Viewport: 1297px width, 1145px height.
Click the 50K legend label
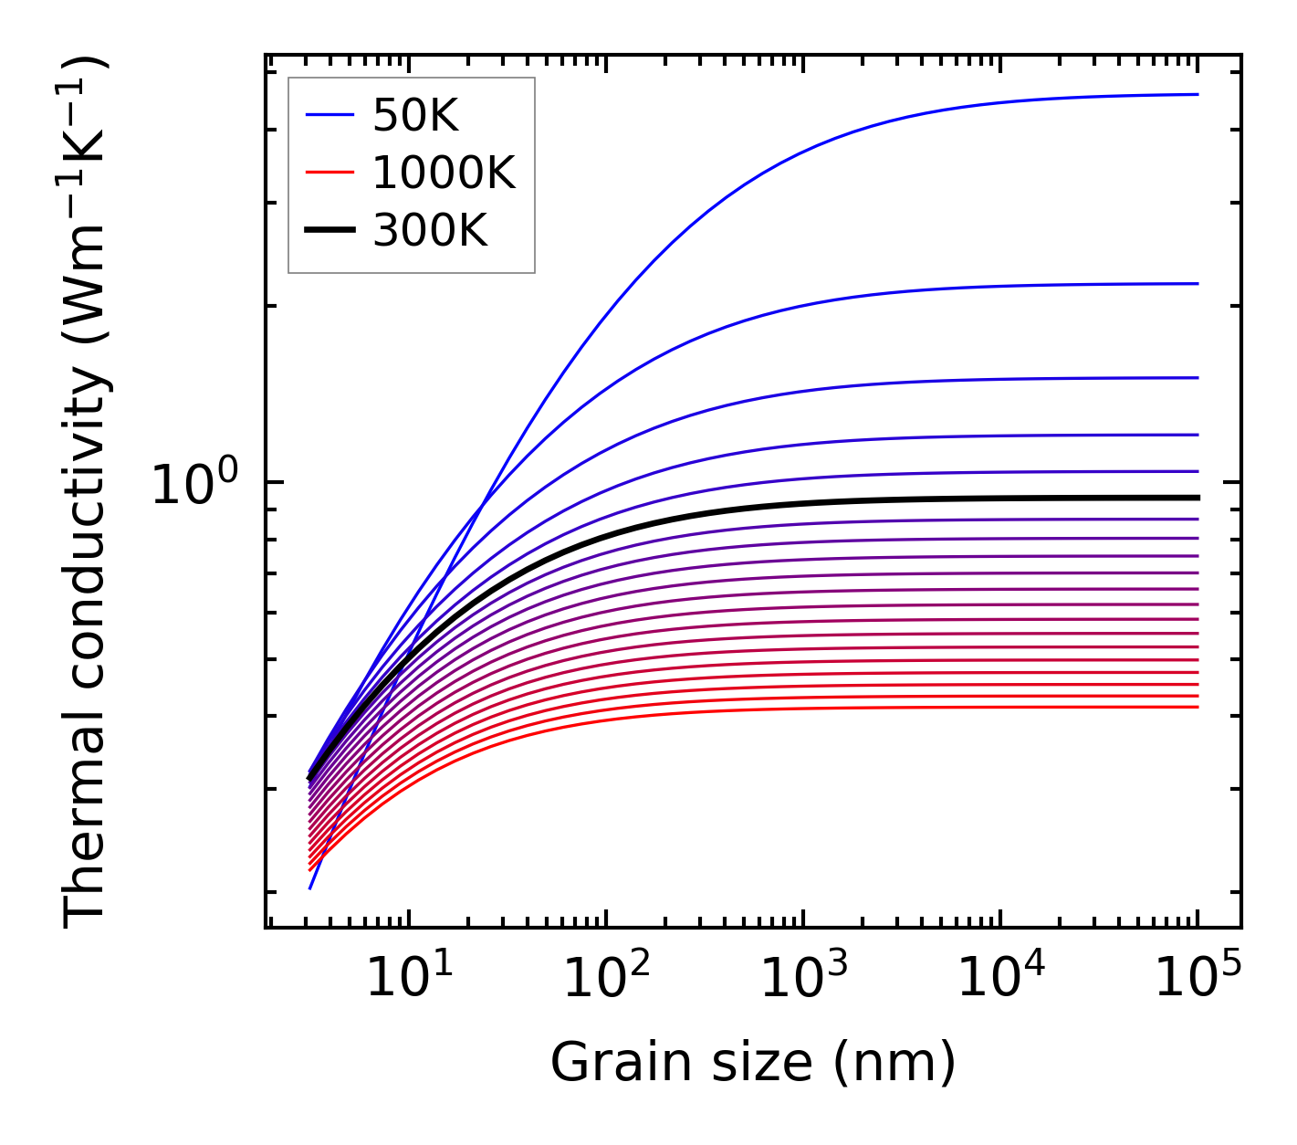tap(415, 116)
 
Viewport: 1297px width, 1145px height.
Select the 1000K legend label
tap(444, 173)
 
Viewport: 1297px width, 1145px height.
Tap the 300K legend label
tap(430, 231)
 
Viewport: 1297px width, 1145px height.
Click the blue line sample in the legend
tap(329, 115)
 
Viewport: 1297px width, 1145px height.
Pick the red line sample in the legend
tap(329, 173)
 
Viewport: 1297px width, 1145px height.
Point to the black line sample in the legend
tap(329, 231)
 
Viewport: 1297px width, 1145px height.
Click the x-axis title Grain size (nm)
tap(753, 1064)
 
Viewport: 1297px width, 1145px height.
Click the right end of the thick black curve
tap(1197, 498)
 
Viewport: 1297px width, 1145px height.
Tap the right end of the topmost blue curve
tap(1197, 94)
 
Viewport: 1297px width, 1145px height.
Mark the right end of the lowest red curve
tap(1197, 707)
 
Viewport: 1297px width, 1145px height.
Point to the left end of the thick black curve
tap(310, 778)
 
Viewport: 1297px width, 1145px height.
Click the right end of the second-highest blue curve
tap(1197, 284)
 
